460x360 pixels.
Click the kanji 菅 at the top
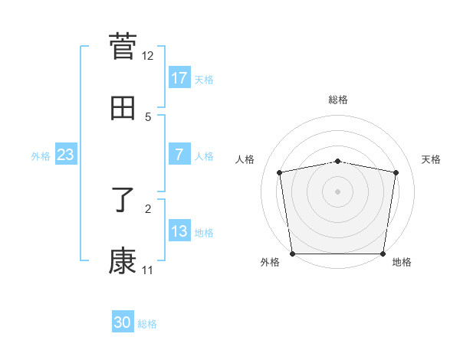click(x=123, y=46)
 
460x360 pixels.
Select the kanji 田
click(x=123, y=108)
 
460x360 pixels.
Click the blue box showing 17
click(x=179, y=78)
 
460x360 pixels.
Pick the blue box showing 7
click(x=179, y=155)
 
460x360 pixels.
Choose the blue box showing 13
click(x=179, y=231)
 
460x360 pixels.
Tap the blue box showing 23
click(x=65, y=155)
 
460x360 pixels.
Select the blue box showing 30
click(x=122, y=322)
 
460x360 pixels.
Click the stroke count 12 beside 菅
click(x=147, y=55)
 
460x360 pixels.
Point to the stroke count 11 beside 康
click(x=147, y=270)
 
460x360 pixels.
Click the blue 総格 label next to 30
click(x=147, y=324)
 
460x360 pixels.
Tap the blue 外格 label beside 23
click(x=41, y=156)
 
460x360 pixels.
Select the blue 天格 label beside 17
click(x=204, y=80)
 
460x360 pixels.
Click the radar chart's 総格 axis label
click(x=338, y=100)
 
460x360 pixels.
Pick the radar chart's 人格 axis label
click(x=245, y=159)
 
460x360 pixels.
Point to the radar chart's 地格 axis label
click(x=402, y=263)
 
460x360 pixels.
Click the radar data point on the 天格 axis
click(x=396, y=172)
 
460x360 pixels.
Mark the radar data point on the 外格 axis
click(x=292, y=254)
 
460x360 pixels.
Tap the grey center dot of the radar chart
click(x=338, y=191)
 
